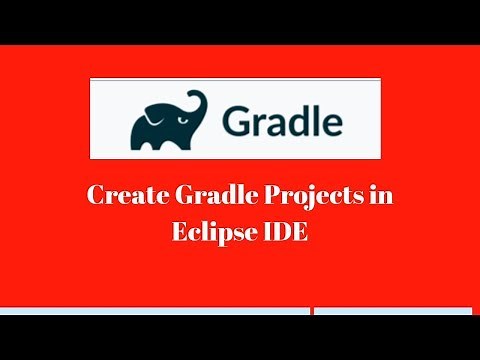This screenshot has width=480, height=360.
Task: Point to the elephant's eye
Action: click(184, 113)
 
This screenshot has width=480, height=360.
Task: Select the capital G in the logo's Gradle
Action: click(238, 121)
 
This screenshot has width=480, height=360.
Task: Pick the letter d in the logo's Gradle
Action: click(298, 120)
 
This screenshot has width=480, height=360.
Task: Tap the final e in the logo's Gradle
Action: click(332, 123)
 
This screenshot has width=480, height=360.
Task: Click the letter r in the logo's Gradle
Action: click(259, 123)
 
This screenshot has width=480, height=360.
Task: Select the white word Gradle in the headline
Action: click(211, 196)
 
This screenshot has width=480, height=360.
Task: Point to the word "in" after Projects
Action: click(381, 195)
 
